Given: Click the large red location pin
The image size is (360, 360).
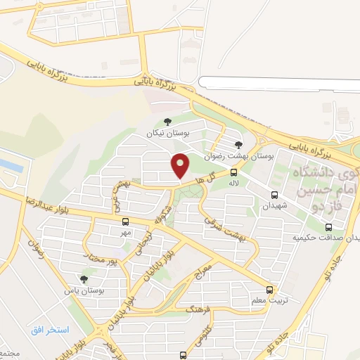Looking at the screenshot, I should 181,166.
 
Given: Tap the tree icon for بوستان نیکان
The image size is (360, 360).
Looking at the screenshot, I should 166,122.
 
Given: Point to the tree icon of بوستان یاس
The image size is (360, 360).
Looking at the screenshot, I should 84,280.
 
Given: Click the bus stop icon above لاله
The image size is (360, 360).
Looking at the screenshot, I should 233,171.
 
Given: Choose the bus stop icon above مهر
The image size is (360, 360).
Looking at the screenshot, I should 124,221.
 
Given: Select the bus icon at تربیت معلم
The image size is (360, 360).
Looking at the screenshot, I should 269,290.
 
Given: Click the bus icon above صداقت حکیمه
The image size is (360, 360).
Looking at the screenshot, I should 328,226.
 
